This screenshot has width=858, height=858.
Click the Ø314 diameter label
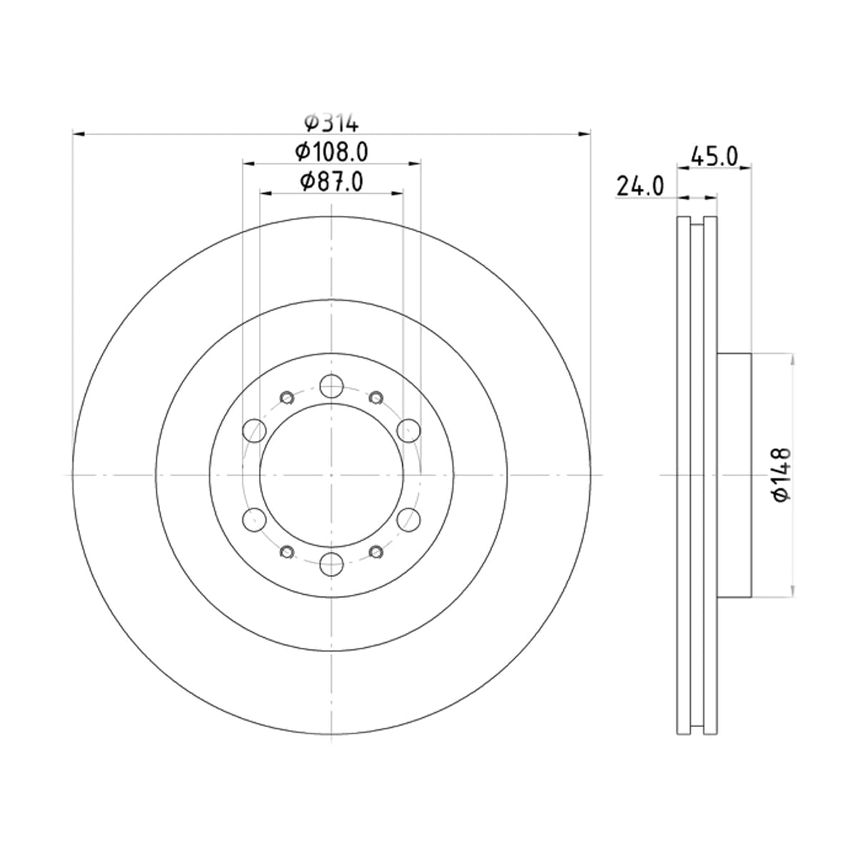[331, 123]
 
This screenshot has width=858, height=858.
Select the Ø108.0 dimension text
[331, 152]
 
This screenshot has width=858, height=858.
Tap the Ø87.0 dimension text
[331, 182]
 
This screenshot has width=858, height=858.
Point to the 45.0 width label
[714, 157]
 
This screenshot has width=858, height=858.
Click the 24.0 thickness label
[640, 186]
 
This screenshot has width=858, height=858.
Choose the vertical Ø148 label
[782, 475]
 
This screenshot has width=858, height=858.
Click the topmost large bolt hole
[332, 386]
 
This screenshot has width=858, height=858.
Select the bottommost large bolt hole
[332, 564]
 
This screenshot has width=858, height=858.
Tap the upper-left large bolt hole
[255, 430]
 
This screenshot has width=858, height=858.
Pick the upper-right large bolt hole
[409, 430]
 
